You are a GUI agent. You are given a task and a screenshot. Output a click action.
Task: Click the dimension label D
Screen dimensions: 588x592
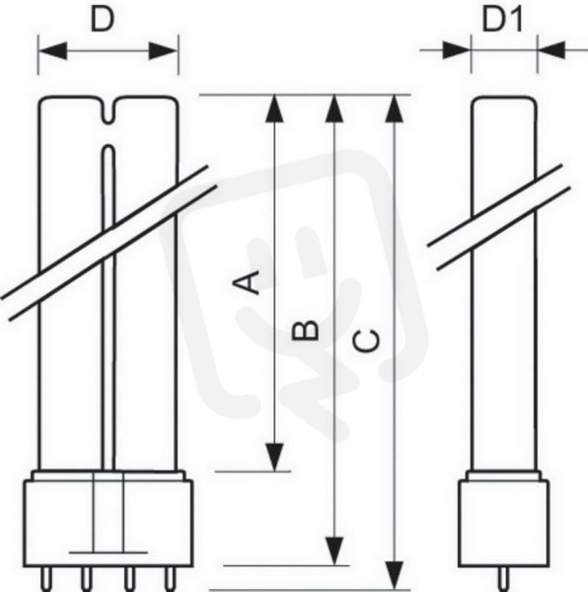[102, 20]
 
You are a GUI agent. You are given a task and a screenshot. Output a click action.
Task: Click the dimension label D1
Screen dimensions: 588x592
[502, 20]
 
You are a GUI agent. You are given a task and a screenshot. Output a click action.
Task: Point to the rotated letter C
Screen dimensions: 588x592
[366, 340]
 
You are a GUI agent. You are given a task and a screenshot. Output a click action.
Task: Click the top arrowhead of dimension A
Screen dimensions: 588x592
[274, 109]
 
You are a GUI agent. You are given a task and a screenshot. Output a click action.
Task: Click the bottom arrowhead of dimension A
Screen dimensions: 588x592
[274, 457]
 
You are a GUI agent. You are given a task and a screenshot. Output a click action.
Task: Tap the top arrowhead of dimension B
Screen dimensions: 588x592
[334, 109]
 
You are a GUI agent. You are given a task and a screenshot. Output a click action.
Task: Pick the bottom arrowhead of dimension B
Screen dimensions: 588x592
[334, 552]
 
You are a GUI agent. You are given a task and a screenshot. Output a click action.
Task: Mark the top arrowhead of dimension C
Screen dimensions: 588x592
[395, 109]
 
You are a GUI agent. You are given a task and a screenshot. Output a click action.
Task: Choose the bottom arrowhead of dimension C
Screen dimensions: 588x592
[395, 575]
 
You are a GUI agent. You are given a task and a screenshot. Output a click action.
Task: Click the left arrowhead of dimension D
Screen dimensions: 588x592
[53, 50]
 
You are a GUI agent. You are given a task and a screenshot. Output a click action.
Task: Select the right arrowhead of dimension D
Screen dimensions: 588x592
[163, 50]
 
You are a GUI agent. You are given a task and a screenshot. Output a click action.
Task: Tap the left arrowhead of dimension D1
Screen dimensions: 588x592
[457, 50]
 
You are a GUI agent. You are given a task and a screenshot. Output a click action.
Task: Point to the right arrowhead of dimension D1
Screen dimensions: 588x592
[551, 50]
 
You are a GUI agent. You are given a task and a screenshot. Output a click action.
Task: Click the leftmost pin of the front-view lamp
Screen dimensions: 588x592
[45, 579]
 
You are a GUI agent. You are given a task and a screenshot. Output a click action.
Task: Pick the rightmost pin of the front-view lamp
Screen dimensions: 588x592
[170, 579]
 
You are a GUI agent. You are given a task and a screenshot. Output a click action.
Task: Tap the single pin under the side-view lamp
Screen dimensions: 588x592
[504, 579]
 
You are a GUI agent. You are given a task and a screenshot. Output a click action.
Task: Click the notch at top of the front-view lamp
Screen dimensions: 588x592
[109, 110]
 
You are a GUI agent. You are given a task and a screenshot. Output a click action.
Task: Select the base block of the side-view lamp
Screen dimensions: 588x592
[504, 523]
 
